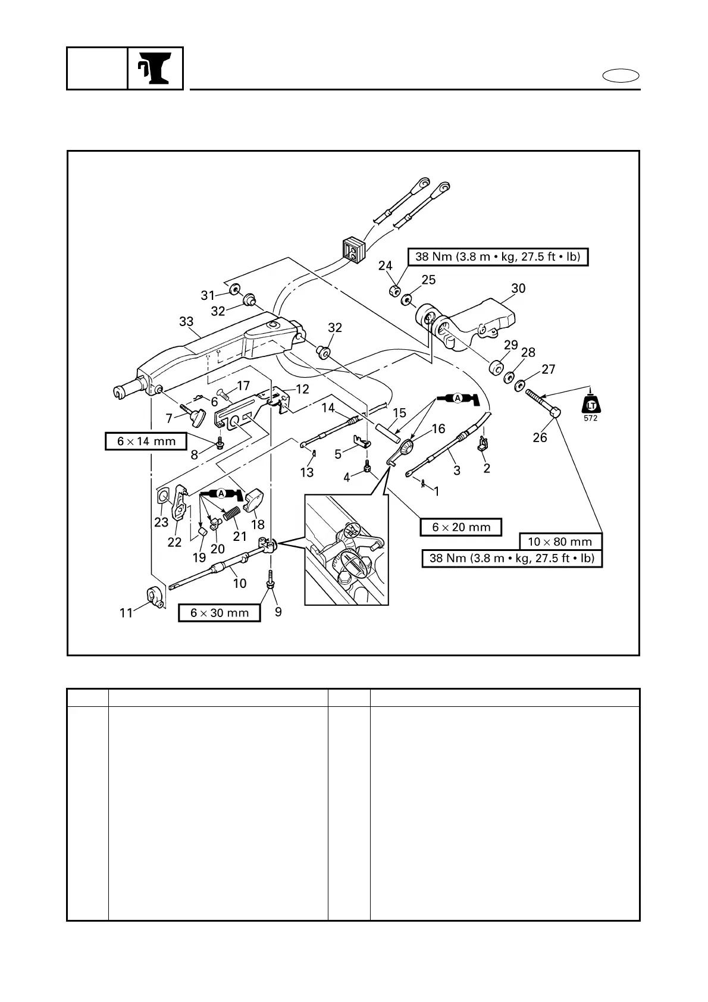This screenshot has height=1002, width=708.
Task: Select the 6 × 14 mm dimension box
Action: [x=146, y=441]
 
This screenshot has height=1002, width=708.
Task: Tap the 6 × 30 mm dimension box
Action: [x=220, y=613]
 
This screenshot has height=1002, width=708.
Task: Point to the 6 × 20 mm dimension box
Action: [x=461, y=527]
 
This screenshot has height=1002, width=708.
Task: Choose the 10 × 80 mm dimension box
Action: [x=560, y=542]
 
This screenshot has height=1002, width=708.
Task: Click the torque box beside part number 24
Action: [x=497, y=257]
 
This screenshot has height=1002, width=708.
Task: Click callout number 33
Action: [x=186, y=322]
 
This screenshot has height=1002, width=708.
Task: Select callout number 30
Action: [x=518, y=289]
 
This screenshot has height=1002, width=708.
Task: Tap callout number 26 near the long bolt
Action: [x=540, y=437]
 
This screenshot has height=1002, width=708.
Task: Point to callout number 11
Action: [x=126, y=613]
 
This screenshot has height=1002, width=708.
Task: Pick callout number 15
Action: [x=399, y=413]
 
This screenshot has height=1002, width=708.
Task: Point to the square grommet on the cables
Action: [x=352, y=250]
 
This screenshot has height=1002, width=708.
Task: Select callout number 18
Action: [x=258, y=524]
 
